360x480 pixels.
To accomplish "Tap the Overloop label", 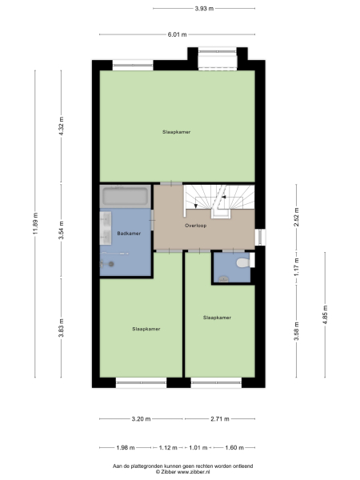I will pos(196,226).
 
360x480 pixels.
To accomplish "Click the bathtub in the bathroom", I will pos(125,197).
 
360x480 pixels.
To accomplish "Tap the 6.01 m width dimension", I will pos(177,34).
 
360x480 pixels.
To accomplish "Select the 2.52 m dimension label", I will pos(296,218).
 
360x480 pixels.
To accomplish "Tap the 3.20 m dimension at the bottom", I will pos(141,418).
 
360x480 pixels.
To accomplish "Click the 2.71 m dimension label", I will pos(221,418).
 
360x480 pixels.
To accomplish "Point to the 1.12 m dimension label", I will pos(167,447).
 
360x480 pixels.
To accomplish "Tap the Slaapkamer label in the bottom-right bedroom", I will pos(218,317).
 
